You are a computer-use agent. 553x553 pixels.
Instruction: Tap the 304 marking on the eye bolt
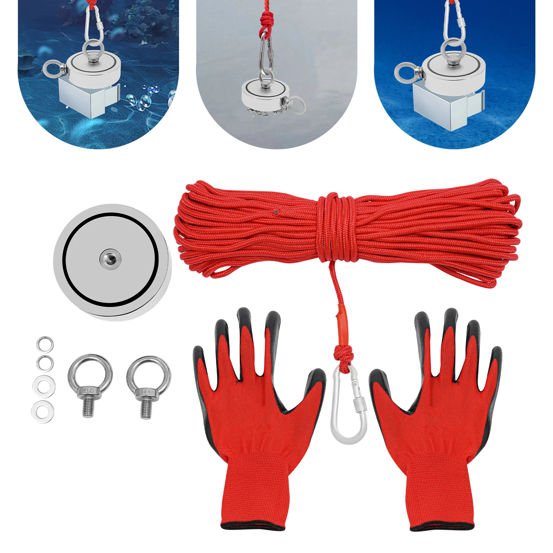pos(146,392)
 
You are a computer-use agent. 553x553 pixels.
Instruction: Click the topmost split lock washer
pos(45,344)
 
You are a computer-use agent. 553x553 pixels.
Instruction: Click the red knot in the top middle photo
pos(265,22)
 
